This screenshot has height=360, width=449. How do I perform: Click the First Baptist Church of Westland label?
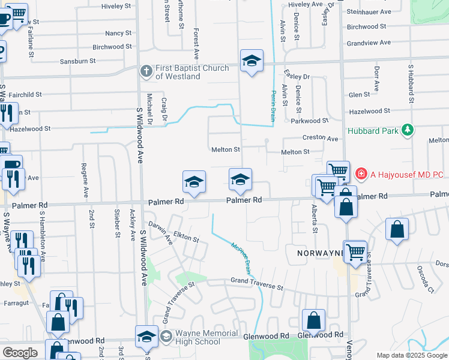click(191, 72)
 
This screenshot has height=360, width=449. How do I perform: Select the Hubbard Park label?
click(373, 130)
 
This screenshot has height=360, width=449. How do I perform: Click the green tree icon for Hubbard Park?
click(408, 130)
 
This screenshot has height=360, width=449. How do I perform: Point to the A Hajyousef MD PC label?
click(406, 175)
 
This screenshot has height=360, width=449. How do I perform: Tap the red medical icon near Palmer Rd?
click(361, 175)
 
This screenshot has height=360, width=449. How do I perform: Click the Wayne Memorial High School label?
click(197, 338)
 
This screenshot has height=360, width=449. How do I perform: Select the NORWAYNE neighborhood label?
click(320, 253)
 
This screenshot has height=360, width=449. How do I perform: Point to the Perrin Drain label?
click(273, 105)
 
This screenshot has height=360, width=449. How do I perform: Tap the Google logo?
click(20, 353)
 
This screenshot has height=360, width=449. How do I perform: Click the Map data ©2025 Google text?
click(412, 355)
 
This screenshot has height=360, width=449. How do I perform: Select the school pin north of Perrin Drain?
click(252, 61)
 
